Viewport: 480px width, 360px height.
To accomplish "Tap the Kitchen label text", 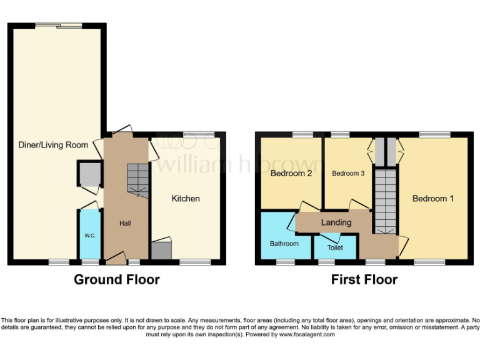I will tap(186, 198).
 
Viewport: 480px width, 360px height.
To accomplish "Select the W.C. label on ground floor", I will tap(89, 236).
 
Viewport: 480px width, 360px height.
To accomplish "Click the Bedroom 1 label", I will tap(432, 198).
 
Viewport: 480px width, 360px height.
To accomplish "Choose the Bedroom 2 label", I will tap(291, 174).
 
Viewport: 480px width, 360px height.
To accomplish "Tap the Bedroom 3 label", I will tap(348, 173).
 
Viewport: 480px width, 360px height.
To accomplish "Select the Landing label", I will tap(336, 222).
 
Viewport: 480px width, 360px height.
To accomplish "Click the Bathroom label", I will tap(284, 243).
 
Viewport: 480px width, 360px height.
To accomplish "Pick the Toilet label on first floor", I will tap(335, 247).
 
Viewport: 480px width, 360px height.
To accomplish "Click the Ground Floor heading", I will tap(117, 279).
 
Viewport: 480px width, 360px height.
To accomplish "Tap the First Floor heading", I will tap(364, 279).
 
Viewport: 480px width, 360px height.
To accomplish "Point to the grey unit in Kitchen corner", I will tap(161, 250).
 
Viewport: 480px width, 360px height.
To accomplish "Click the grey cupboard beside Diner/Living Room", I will tap(90, 174).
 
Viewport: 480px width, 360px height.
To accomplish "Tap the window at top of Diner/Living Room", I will tap(58, 26).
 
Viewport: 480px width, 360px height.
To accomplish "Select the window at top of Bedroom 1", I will tap(434, 134).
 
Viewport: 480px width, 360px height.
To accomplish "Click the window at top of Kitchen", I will tap(199, 134).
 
